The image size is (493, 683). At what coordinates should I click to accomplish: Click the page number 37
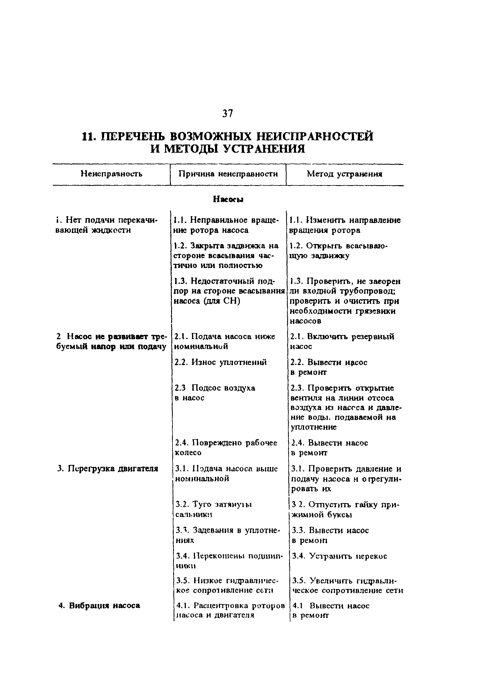227,114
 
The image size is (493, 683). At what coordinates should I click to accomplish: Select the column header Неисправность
111,174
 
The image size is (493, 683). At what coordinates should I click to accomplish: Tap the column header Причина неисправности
228,174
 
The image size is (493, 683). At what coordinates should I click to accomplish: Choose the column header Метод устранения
345,174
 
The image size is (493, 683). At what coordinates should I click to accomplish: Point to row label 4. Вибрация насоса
99,605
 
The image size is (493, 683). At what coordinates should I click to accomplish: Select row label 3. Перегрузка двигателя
108,469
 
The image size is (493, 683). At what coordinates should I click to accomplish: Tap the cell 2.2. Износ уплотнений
221,362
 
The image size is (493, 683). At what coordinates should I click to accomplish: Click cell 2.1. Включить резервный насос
342,341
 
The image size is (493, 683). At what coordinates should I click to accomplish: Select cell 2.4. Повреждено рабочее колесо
226,448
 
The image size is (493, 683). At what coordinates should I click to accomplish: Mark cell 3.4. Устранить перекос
340,556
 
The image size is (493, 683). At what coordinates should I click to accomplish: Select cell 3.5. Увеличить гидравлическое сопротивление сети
347,585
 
